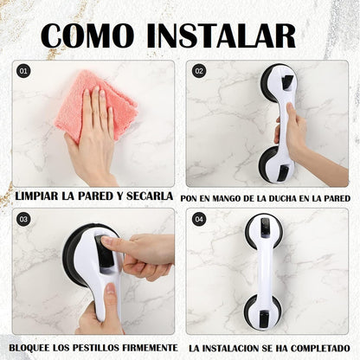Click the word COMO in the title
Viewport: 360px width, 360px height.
87,35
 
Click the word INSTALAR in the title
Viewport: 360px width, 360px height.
222,35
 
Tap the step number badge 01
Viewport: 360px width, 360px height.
23,71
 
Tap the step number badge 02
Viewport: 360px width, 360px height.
199,71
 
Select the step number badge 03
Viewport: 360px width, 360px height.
23,220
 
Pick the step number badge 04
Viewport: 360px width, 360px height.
199,220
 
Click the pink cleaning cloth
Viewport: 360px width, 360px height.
95,106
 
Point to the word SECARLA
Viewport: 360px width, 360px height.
150,196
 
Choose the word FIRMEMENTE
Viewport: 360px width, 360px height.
150,348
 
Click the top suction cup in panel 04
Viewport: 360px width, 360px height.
264,231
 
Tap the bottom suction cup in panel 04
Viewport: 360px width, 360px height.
263,312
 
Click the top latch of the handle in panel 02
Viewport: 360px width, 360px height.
287,81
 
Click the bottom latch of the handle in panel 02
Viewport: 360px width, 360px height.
283,173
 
